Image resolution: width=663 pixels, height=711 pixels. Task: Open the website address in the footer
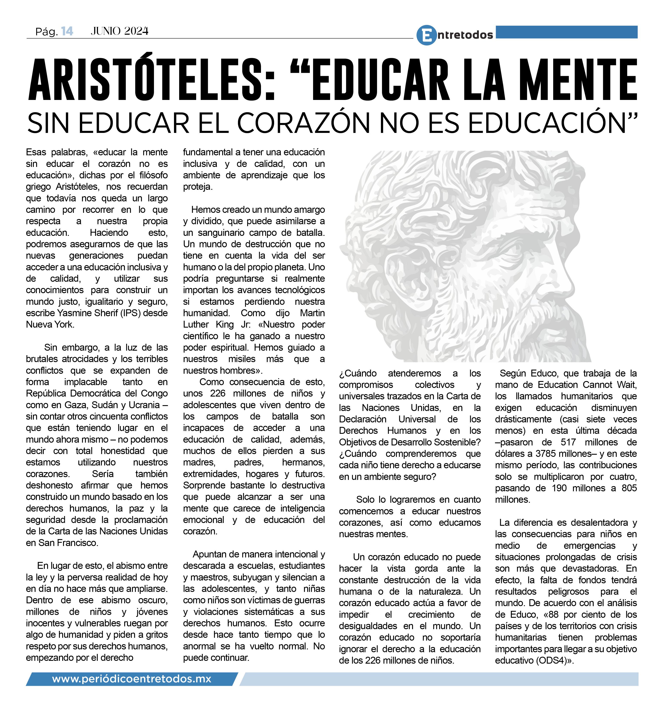132,678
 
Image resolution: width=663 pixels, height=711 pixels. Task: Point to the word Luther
197,324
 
